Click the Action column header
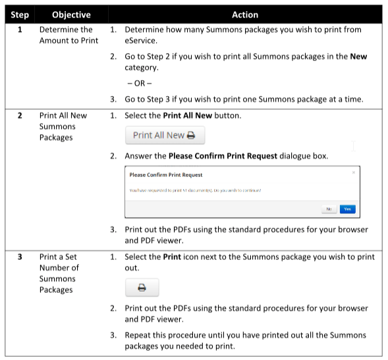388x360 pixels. pos(244,14)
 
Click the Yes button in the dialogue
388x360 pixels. pos(347,209)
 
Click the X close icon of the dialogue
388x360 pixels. pos(354,172)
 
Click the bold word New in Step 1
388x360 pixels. pos(358,57)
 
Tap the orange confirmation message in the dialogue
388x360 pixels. pos(195,190)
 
